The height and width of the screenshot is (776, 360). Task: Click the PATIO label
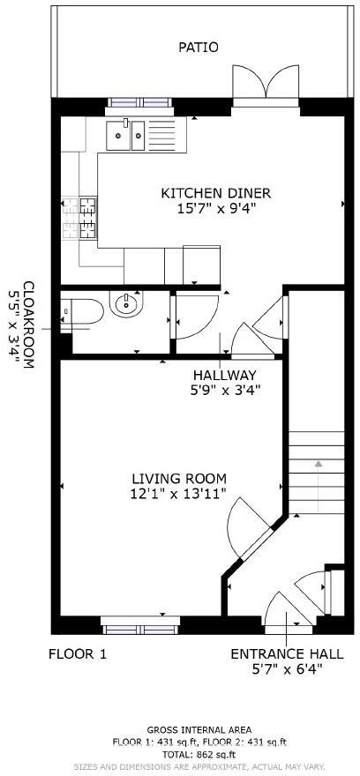pos(198,47)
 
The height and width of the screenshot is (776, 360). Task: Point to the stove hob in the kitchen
pos(87,218)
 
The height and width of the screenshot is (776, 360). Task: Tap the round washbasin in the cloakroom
pos(125,306)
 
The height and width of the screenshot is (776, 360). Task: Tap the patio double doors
pos(266,86)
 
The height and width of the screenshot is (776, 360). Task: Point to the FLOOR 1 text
pos(77,654)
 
